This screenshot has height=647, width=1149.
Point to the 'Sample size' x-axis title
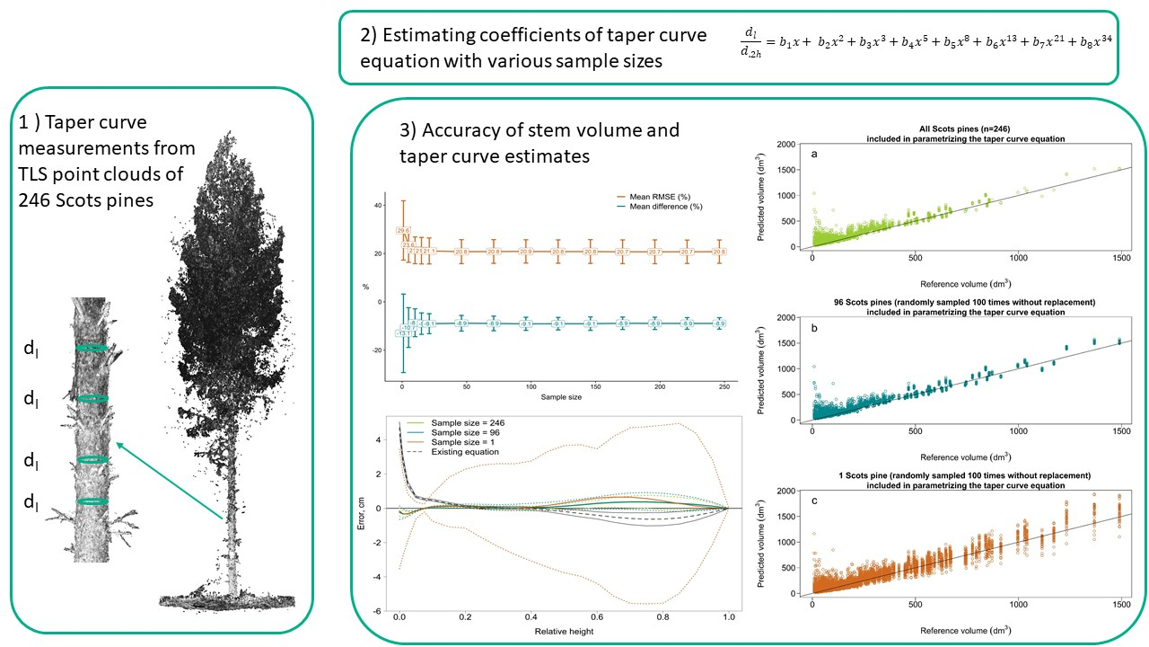tap(566, 396)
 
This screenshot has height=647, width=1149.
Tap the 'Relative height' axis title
tap(563, 630)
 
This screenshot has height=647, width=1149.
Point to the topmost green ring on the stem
tap(91, 348)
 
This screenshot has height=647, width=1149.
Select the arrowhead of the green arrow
tap(118, 443)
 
